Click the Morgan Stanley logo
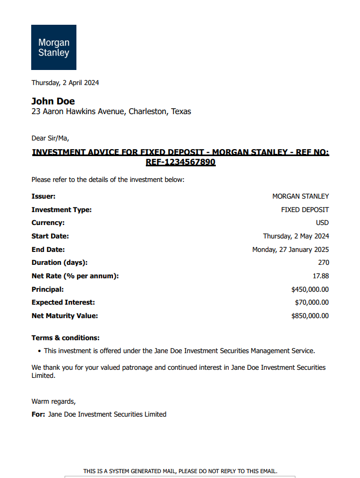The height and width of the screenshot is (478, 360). (53, 47)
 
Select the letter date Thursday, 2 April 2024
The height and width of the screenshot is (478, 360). (65, 83)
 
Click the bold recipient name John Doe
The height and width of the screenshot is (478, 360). (53, 101)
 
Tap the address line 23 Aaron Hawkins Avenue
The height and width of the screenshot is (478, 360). (111, 112)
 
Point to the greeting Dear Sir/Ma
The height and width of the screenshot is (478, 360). (50, 138)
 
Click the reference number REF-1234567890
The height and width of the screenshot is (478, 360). (180, 162)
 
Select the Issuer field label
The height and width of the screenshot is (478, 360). (44, 196)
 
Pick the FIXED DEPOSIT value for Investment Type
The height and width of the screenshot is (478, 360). (305, 210)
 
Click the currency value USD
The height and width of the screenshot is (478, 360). (322, 223)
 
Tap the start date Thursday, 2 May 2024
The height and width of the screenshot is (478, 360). (296, 236)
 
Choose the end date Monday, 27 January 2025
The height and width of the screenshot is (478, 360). (291, 250)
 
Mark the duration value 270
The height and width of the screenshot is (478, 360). (323, 263)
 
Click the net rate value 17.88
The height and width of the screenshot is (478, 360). (321, 276)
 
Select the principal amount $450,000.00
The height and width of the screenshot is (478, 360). (309, 290)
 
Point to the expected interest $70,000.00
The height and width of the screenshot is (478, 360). (312, 303)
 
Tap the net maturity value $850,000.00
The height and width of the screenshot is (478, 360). (309, 316)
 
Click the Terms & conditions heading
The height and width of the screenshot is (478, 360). (66, 338)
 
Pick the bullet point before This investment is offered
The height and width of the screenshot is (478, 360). (40, 351)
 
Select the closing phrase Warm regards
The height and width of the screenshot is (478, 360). (54, 402)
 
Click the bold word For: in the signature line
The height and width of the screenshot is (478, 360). (38, 414)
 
